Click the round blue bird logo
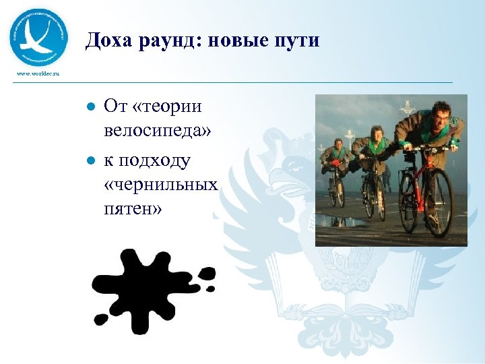coord(38,38)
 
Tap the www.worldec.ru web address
coord(39,73)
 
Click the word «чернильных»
coord(161,184)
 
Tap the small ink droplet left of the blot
coord(101,318)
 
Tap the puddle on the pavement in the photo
coord(344,221)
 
